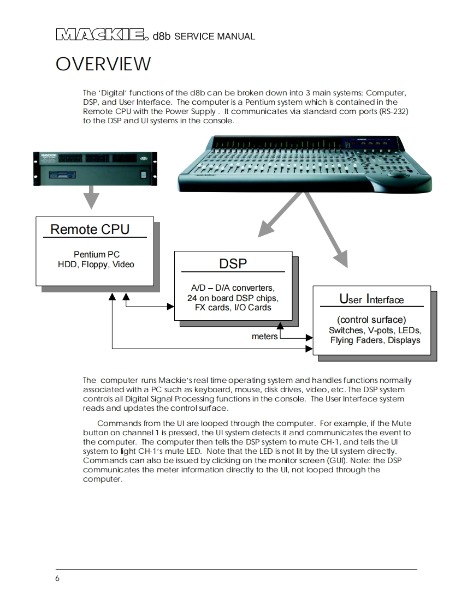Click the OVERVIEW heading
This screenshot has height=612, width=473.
coord(103,64)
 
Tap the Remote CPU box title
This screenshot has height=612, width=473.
coord(90,229)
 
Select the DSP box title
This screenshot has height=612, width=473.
coord(233,263)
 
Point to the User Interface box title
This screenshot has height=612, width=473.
coord(371,299)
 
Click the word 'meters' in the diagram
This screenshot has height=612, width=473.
coord(264,337)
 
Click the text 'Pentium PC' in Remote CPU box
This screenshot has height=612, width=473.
coord(96,255)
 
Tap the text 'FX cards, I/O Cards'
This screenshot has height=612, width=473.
coord(233,308)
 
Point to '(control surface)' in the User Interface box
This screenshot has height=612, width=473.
coord(371,320)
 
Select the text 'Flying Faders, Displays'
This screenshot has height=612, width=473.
coord(375,340)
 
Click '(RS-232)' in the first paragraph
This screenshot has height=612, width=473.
coord(389,111)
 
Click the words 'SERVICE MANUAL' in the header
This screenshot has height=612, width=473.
coord(215,37)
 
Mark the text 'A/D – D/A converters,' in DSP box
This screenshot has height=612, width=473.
coord(233,288)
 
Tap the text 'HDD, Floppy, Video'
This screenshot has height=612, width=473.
coord(96,265)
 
